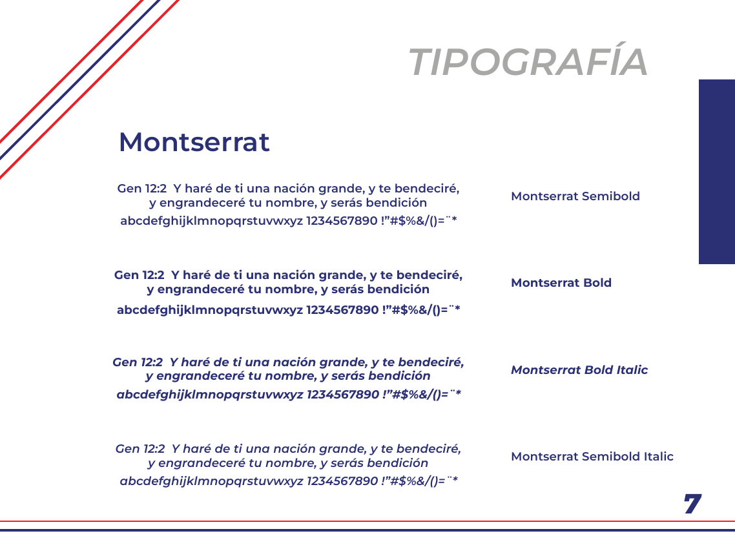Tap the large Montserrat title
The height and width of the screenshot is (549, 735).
click(x=194, y=141)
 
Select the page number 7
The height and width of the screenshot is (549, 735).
click(x=692, y=504)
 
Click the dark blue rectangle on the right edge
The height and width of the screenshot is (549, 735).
click(x=717, y=172)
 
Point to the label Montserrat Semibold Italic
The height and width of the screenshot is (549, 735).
click(x=592, y=456)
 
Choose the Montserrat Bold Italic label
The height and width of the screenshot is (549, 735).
click(x=579, y=370)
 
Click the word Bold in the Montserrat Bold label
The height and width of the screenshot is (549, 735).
click(x=597, y=283)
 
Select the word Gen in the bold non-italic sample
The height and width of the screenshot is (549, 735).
click(x=126, y=275)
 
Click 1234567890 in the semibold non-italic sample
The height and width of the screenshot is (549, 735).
click(x=342, y=221)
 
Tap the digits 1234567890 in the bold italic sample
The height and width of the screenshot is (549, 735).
click(x=343, y=394)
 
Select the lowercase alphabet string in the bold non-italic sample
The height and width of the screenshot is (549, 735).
click(x=209, y=311)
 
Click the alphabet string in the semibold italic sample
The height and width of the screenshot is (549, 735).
click(x=211, y=481)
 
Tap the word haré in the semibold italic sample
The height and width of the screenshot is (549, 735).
click(x=197, y=449)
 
